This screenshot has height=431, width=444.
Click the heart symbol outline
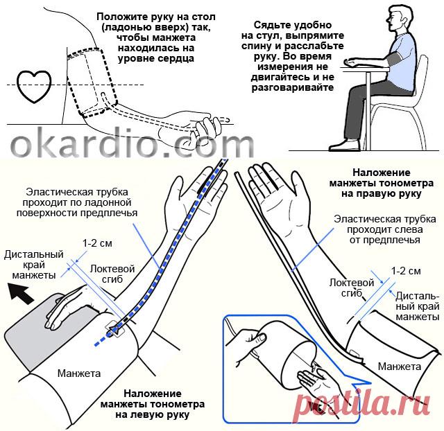(x=18, y=85)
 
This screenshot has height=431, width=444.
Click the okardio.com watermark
(x=132, y=146)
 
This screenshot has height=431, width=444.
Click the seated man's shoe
(x=343, y=146)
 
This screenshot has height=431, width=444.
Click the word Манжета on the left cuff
(x=79, y=373)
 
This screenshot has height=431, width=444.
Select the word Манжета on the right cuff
(x=400, y=367)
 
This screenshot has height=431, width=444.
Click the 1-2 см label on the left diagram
(x=97, y=243)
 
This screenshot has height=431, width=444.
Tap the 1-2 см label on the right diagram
(x=406, y=271)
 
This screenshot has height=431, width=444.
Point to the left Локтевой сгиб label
(x=112, y=274)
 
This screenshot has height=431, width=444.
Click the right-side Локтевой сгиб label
(x=352, y=288)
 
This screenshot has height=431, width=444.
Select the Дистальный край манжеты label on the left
(x=34, y=265)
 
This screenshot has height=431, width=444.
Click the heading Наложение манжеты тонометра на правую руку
(x=381, y=183)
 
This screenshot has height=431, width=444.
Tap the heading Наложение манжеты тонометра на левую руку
(x=153, y=405)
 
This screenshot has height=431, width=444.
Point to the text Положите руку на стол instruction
(x=155, y=37)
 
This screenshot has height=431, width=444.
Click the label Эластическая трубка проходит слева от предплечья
(x=384, y=229)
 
